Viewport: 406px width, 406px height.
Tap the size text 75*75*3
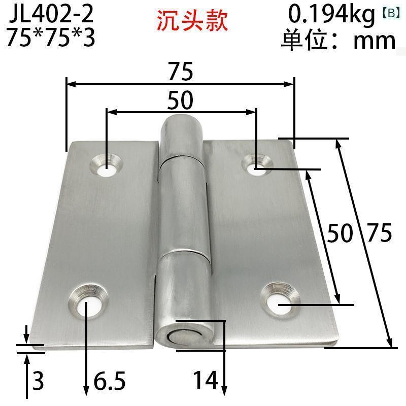pos(51,37)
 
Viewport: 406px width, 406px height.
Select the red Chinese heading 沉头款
pos(192,20)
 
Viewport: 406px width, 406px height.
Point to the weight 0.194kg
pos(331,15)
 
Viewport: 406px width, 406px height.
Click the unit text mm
pos(375,41)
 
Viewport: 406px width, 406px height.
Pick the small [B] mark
pos(391,13)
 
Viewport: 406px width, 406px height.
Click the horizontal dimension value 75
pos(181,71)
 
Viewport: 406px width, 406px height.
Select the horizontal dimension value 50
pos(180,100)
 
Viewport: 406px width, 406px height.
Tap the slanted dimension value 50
pos(340,233)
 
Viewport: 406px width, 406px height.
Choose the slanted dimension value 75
pos(380,233)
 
